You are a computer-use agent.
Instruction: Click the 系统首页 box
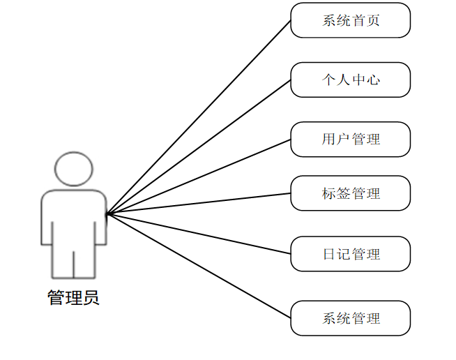pyautogui.click(x=350, y=20)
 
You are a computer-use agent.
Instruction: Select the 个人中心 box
pyautogui.click(x=350, y=80)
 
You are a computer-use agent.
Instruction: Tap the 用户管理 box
pyautogui.click(x=350, y=139)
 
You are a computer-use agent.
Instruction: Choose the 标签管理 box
pyautogui.click(x=350, y=193)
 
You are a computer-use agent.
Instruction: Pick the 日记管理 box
pyautogui.click(x=350, y=253)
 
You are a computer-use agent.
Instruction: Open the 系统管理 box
pyautogui.click(x=350, y=318)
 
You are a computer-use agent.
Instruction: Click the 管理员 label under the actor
pyautogui.click(x=73, y=298)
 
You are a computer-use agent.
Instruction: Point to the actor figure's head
pyautogui.click(x=73, y=168)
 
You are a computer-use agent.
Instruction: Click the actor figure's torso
pyautogui.click(x=73, y=216)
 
